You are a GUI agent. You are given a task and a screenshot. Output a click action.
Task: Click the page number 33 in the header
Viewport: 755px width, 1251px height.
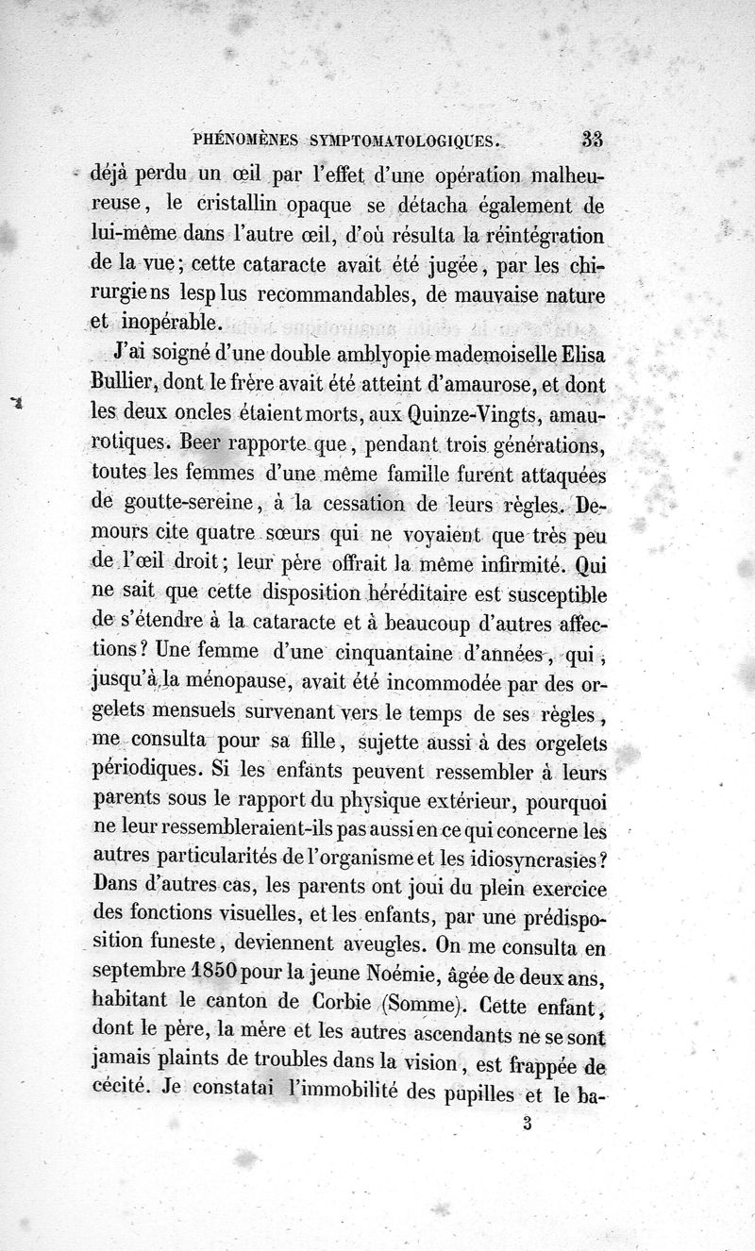pos(593,139)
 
